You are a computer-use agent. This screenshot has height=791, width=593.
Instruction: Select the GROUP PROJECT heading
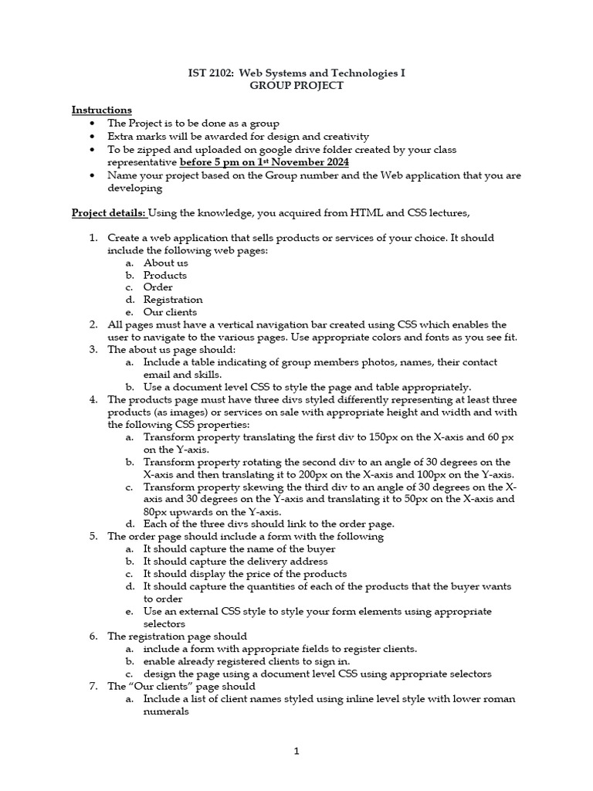(x=296, y=86)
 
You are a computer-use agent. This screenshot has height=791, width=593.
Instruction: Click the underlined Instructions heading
(x=102, y=110)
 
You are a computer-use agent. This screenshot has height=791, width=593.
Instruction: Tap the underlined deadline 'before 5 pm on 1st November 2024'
(x=264, y=162)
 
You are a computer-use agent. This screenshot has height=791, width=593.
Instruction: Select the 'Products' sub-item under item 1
(x=165, y=275)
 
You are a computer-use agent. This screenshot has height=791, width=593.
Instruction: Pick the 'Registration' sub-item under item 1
(x=173, y=300)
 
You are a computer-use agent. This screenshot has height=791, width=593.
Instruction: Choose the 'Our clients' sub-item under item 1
(x=169, y=312)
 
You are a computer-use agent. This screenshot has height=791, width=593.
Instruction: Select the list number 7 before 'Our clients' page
(x=93, y=686)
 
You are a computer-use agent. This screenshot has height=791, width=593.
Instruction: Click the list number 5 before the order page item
(x=93, y=536)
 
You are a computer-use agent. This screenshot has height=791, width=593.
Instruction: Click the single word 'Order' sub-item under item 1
(x=158, y=287)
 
